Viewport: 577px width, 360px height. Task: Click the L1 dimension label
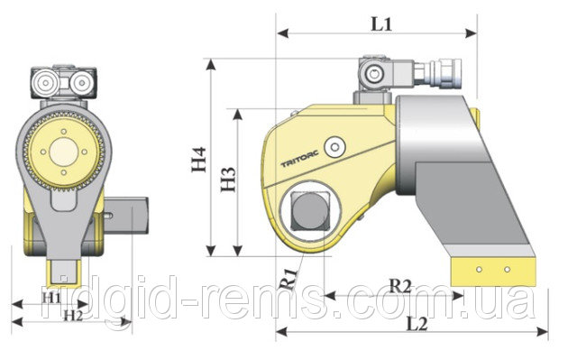(x=381, y=24)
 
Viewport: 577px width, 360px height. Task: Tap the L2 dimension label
(x=417, y=324)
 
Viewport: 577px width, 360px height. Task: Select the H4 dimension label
(x=198, y=160)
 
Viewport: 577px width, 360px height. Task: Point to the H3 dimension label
(x=228, y=180)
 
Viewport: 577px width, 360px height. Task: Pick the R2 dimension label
(x=400, y=285)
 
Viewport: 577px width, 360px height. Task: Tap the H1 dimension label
(x=51, y=297)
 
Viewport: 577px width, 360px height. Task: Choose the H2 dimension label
(x=74, y=315)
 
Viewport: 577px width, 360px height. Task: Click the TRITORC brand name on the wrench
(x=299, y=159)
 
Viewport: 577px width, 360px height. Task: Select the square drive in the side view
(x=310, y=212)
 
